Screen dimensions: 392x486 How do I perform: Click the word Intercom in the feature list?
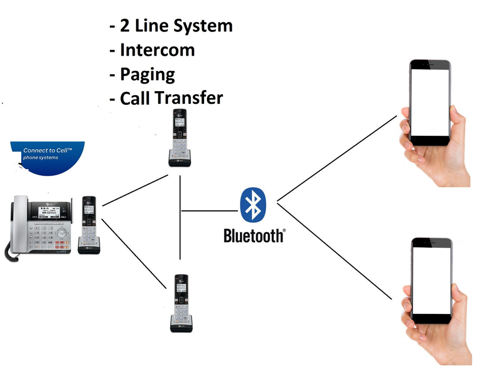click(157, 50)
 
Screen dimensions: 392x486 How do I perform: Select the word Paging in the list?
click(147, 74)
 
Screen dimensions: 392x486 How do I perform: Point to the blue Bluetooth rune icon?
click(253, 205)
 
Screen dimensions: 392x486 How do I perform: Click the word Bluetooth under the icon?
click(253, 236)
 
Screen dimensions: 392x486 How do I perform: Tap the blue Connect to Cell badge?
click(48, 157)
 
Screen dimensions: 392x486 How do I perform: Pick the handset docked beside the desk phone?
click(89, 223)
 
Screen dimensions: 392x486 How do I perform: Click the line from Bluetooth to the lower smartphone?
click(334, 251)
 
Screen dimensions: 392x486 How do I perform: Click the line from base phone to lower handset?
click(134, 253)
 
